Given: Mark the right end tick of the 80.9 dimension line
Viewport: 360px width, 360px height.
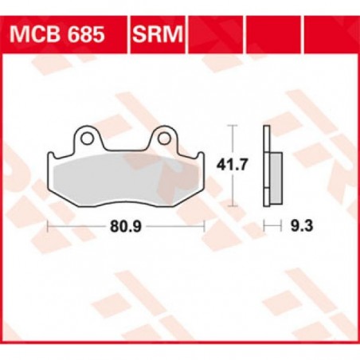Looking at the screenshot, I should click(205, 226).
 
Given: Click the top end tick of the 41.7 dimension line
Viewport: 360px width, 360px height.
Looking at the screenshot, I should click(232, 125).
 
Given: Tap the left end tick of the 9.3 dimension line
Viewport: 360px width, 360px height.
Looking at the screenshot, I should click(264, 226).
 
